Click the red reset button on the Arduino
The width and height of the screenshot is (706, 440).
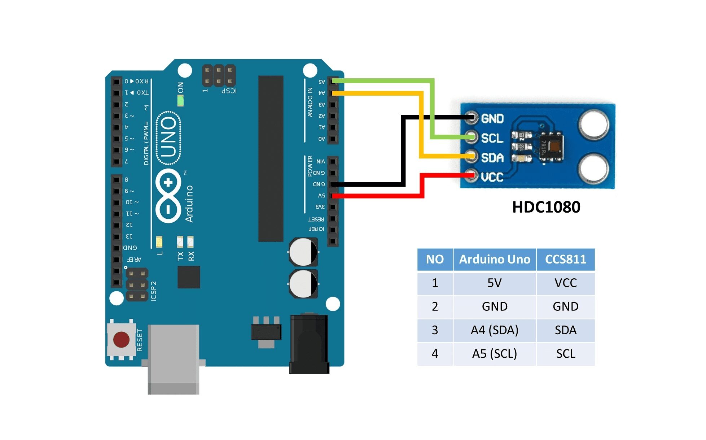(x=121, y=340)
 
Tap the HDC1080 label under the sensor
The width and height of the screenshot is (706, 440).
(x=546, y=207)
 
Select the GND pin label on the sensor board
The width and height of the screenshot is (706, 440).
(x=492, y=118)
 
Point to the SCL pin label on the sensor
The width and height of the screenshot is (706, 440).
(x=492, y=138)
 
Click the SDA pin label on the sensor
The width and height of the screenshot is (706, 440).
(x=492, y=157)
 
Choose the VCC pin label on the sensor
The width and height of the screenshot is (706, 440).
(x=492, y=177)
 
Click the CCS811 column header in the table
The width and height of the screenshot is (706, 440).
(x=565, y=259)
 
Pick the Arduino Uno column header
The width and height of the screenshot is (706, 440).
(x=494, y=259)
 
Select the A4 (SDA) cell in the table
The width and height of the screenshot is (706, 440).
(x=494, y=330)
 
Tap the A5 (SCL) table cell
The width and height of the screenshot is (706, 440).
(x=494, y=353)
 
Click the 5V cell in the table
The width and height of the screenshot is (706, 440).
(x=494, y=283)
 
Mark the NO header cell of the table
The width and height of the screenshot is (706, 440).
(x=435, y=259)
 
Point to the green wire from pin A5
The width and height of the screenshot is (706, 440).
(x=432, y=108)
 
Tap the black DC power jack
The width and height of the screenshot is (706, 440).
(x=309, y=343)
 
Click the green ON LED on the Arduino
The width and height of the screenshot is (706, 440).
(x=180, y=100)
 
